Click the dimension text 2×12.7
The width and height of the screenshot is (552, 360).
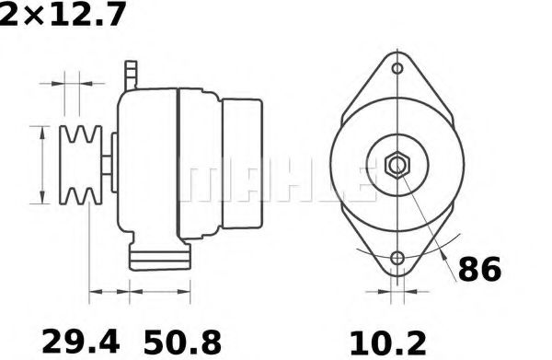[x=63, y=16]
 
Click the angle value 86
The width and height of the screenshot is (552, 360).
[x=478, y=270]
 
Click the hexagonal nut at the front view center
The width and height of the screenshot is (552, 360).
[x=397, y=167]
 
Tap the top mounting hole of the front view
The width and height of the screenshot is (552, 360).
[x=397, y=69]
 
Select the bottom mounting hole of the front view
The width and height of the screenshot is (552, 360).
[x=397, y=261]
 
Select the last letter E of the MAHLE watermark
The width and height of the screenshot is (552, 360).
[x=361, y=184]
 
